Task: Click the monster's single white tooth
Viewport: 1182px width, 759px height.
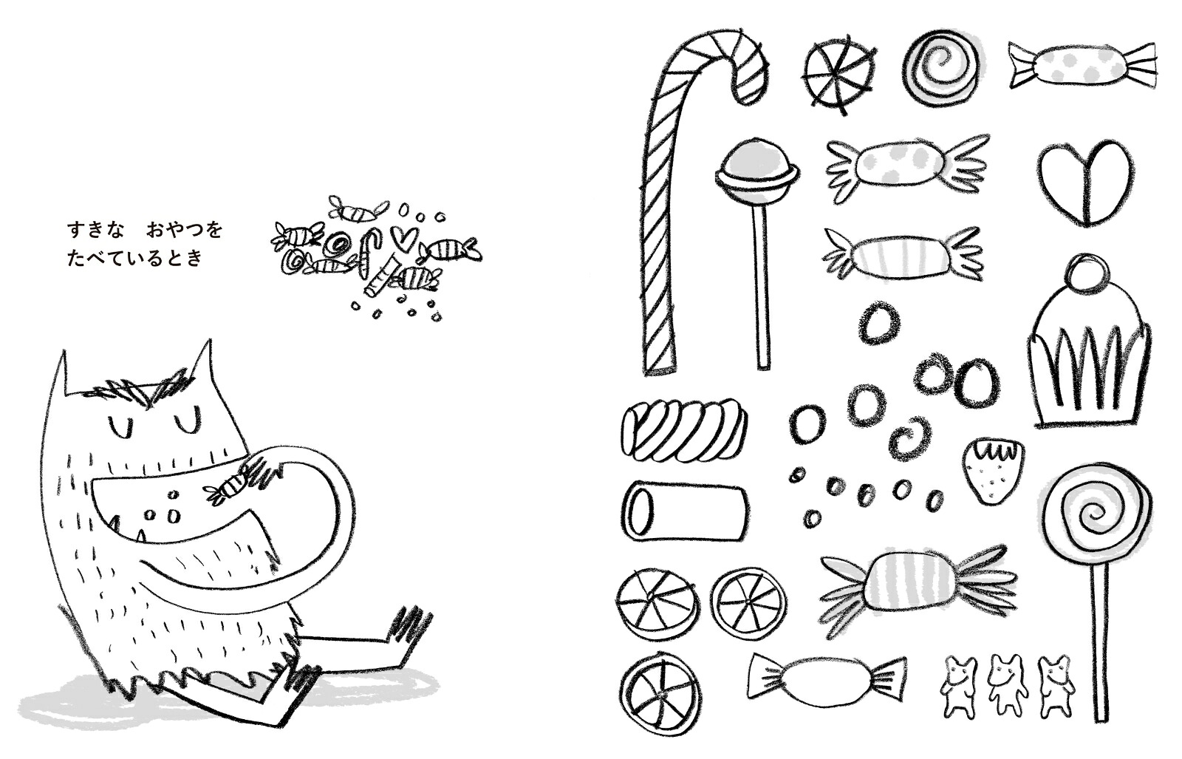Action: point(140,537)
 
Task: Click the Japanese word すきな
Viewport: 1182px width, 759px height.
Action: point(95,231)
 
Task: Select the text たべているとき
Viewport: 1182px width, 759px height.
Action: point(134,258)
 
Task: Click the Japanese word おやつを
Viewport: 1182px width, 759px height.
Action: point(184,231)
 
